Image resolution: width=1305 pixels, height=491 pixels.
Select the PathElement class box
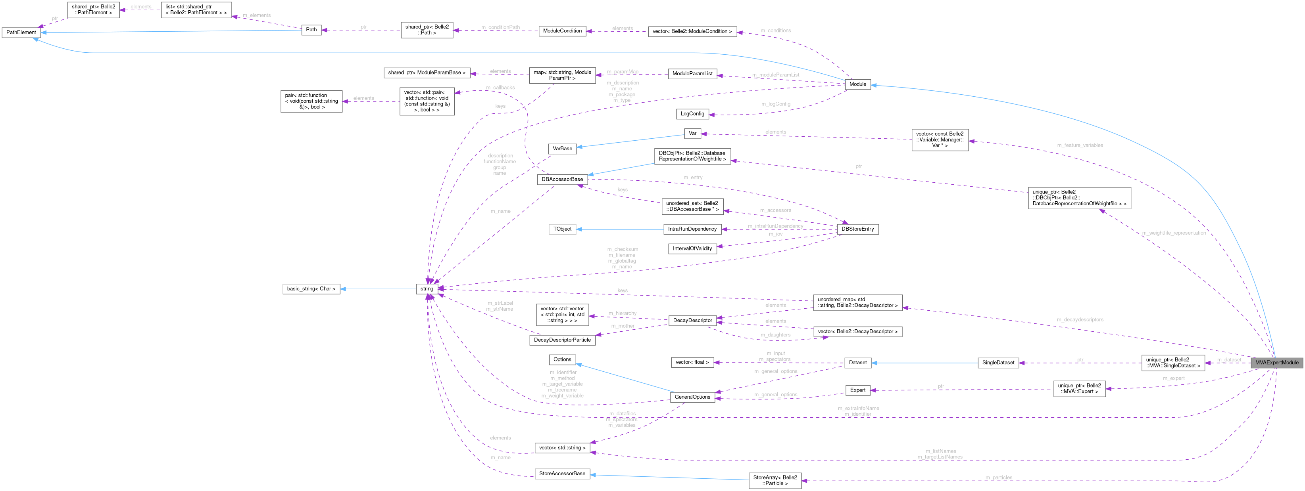point(21,32)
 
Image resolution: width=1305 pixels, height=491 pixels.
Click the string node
point(427,288)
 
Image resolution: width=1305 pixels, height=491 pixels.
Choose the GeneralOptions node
point(692,397)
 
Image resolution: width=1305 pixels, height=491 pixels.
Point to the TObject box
point(562,229)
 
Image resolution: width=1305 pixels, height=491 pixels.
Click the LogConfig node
point(692,114)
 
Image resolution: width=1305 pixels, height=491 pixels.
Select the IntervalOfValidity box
point(692,248)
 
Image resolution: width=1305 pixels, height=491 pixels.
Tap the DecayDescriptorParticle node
point(562,340)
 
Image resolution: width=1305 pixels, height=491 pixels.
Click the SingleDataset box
point(998,363)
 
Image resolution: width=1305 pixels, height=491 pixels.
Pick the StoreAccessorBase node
point(562,473)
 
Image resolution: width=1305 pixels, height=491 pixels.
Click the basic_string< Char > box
point(311,288)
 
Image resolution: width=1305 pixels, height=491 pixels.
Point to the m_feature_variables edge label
point(1080,145)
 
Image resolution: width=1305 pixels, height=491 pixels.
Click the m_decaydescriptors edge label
point(1080,319)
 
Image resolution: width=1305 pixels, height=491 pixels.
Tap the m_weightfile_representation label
point(1173,233)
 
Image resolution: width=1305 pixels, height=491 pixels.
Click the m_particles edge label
point(998,478)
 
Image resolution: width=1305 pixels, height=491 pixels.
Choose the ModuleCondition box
point(562,31)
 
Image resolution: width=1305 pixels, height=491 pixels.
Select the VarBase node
point(562,148)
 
